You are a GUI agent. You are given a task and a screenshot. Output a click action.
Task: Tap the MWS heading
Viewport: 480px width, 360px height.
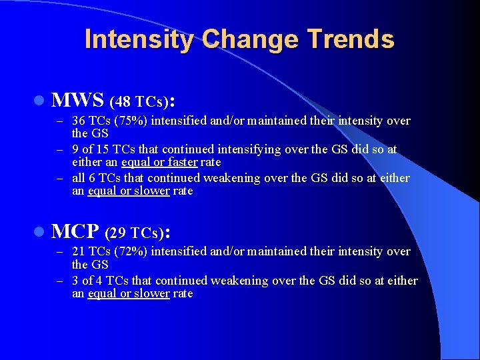(78, 101)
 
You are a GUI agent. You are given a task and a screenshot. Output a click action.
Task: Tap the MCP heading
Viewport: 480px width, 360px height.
(75, 231)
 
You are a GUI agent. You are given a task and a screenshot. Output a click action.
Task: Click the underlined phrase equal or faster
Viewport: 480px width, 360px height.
(159, 162)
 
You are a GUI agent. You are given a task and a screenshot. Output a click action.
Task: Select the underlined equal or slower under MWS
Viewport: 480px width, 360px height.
(129, 191)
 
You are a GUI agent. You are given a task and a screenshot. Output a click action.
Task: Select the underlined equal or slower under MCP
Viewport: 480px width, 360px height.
(129, 293)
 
